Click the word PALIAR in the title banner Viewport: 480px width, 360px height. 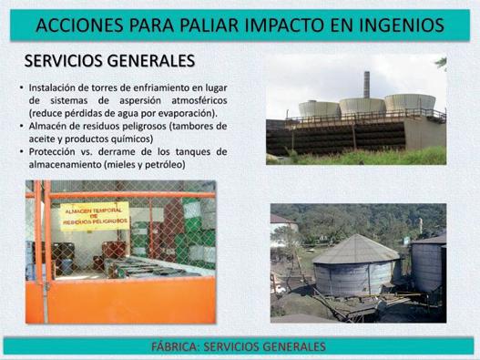209,26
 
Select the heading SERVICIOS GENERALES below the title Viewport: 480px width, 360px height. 109,61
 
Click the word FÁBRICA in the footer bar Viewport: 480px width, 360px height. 175,346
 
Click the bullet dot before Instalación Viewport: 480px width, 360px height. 22,87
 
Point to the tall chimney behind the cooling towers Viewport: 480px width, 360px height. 366,85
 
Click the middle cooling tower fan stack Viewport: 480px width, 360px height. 363,106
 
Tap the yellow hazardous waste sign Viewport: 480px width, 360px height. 95,216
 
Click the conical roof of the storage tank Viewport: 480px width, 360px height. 356,249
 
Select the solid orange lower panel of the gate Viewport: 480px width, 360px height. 128,300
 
